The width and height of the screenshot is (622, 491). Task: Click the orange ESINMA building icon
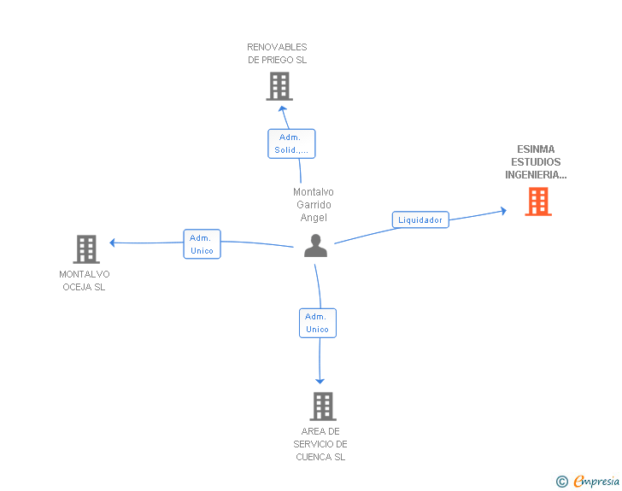[538, 202]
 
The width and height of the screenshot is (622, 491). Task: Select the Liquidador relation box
[420, 219]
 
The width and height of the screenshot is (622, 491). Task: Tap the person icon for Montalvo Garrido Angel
[315, 246]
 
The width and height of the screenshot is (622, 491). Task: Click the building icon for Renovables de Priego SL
[279, 86]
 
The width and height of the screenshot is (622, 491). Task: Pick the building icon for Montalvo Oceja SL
[86, 249]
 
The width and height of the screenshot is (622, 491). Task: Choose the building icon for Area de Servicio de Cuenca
[323, 406]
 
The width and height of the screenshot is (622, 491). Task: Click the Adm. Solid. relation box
[291, 143]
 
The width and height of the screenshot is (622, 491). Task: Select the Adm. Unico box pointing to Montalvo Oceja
[202, 244]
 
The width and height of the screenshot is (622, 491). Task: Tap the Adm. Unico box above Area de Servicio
[318, 323]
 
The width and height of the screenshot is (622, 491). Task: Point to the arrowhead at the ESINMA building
[504, 211]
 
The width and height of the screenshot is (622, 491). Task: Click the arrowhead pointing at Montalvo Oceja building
[112, 243]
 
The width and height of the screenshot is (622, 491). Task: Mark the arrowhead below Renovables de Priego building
[283, 108]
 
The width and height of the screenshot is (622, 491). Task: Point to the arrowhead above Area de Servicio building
[320, 381]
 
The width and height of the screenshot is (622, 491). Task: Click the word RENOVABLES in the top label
[277, 47]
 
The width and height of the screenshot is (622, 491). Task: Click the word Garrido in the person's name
[314, 205]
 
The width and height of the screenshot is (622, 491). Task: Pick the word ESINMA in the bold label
[536, 149]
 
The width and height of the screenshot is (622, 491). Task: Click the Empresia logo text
[596, 482]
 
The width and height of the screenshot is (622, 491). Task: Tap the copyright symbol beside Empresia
[562, 482]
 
